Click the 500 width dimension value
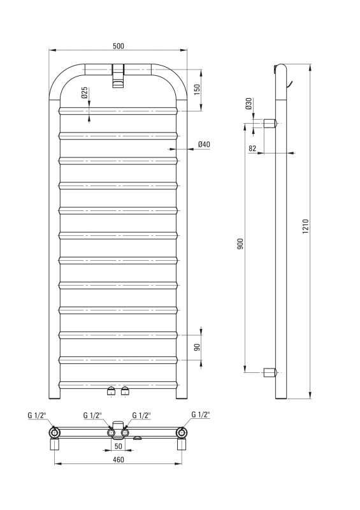(119, 46)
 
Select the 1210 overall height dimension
(305, 226)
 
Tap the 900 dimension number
(240, 244)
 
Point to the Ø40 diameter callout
(204, 144)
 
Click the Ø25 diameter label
(84, 92)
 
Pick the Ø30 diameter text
(248, 103)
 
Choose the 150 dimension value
(197, 89)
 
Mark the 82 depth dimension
(252, 149)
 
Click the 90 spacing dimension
(197, 347)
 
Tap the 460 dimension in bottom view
(119, 460)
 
